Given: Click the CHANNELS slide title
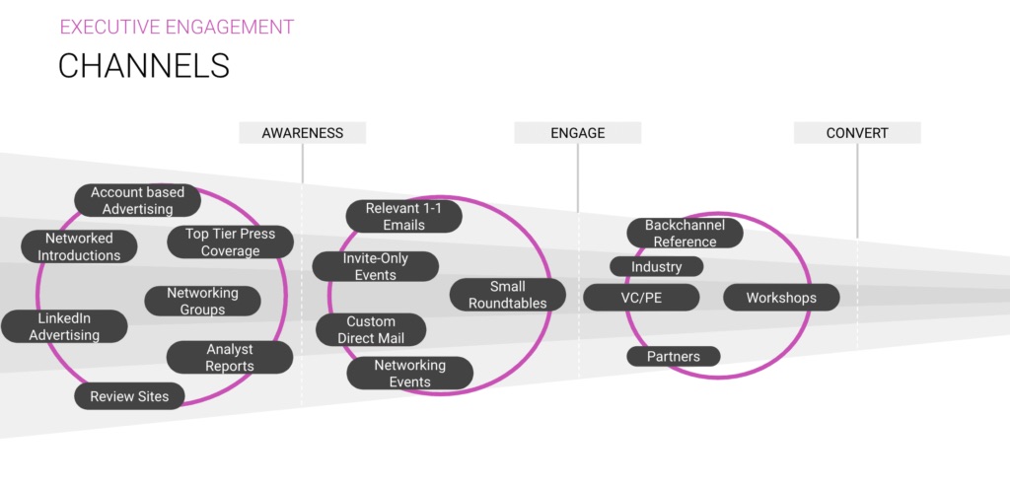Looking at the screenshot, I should click(144, 65).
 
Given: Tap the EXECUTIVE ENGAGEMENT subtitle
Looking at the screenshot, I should click(177, 27).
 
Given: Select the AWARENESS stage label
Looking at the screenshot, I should click(302, 133).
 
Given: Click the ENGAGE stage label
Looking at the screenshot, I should click(578, 133).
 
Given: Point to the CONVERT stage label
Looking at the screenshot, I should click(856, 133).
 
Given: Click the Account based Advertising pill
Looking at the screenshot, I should click(137, 200).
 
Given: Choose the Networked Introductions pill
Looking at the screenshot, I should click(79, 246).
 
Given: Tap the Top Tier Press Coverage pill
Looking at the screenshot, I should click(230, 242).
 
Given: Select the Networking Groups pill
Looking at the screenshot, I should click(202, 301).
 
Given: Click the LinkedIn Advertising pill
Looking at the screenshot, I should click(64, 326).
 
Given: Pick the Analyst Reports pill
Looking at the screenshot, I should click(229, 357).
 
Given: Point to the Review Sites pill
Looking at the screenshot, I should click(129, 396).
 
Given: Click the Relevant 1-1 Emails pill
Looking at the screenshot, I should click(403, 216).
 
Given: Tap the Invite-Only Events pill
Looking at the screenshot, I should click(375, 266).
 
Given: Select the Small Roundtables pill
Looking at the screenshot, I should click(507, 295).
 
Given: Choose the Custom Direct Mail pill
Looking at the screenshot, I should click(370, 329).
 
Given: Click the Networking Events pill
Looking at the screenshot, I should click(409, 373).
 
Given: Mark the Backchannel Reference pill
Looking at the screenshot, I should click(685, 233).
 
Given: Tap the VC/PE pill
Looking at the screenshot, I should click(641, 297).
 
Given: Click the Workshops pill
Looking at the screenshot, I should click(781, 297).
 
